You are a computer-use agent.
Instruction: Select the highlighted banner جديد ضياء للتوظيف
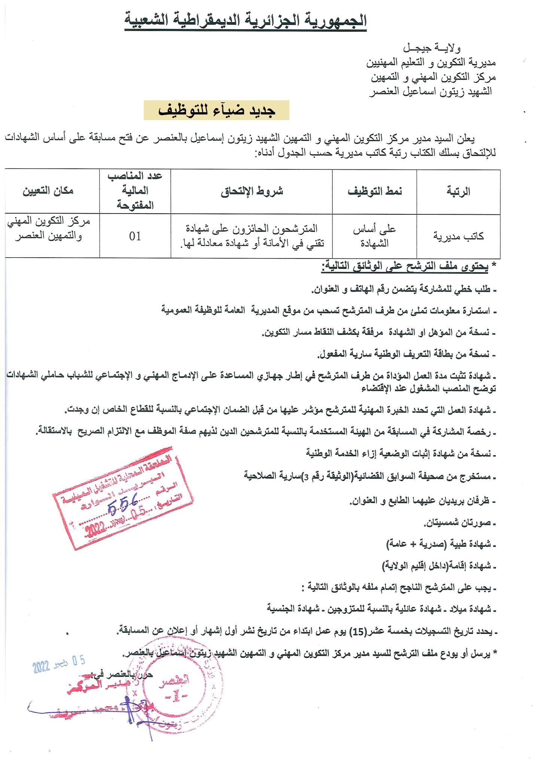click(x=216, y=110)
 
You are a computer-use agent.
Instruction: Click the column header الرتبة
click(x=458, y=191)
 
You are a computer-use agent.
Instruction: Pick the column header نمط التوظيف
click(x=375, y=191)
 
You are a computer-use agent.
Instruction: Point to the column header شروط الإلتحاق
click(x=252, y=191)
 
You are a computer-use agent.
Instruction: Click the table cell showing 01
click(x=135, y=236)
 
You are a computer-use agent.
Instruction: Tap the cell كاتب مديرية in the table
click(x=458, y=236)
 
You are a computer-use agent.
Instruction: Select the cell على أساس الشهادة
click(x=375, y=236)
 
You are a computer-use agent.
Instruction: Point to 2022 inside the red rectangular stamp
click(x=96, y=530)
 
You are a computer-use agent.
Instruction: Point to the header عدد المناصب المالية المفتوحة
click(x=135, y=191)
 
